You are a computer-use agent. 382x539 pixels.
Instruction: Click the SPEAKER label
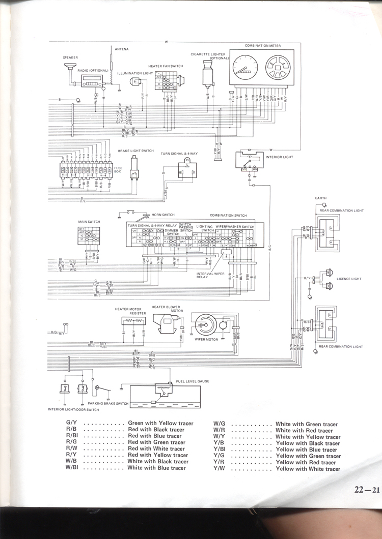pos(70,58)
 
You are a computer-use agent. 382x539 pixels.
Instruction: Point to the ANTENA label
pos(122,49)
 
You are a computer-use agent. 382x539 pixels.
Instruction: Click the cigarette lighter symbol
pos(207,74)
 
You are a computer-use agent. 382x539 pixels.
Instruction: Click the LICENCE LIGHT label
pos(349,279)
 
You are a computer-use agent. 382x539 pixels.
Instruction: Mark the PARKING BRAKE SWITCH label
pos(107,403)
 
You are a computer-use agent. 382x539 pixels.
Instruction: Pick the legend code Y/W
pos(220,468)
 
